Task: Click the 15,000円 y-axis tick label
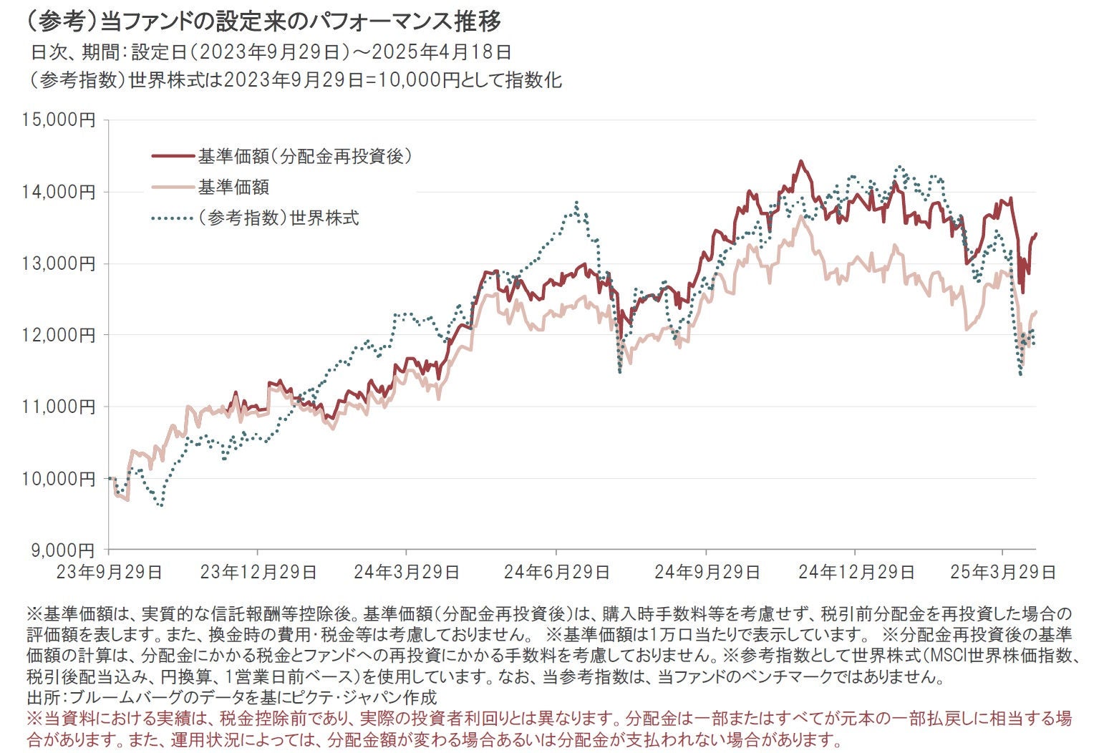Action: coord(59,120)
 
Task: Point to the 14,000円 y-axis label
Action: coord(59,192)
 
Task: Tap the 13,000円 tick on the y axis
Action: coord(59,263)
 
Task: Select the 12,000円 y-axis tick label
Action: coord(59,335)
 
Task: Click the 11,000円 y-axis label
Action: coord(59,407)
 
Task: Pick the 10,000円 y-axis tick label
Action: coord(59,478)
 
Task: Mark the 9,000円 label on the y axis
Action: coord(63,550)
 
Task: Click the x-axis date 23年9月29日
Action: coord(109,572)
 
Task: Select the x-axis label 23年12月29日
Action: coord(258,572)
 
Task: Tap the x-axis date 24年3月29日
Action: coord(407,572)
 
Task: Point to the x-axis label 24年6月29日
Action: coord(556,572)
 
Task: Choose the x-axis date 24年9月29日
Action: coord(707,572)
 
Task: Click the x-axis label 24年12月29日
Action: coord(856,572)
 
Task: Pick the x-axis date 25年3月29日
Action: coord(1002,572)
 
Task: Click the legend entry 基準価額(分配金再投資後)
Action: coord(305,156)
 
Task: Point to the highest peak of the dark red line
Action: coord(800,161)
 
